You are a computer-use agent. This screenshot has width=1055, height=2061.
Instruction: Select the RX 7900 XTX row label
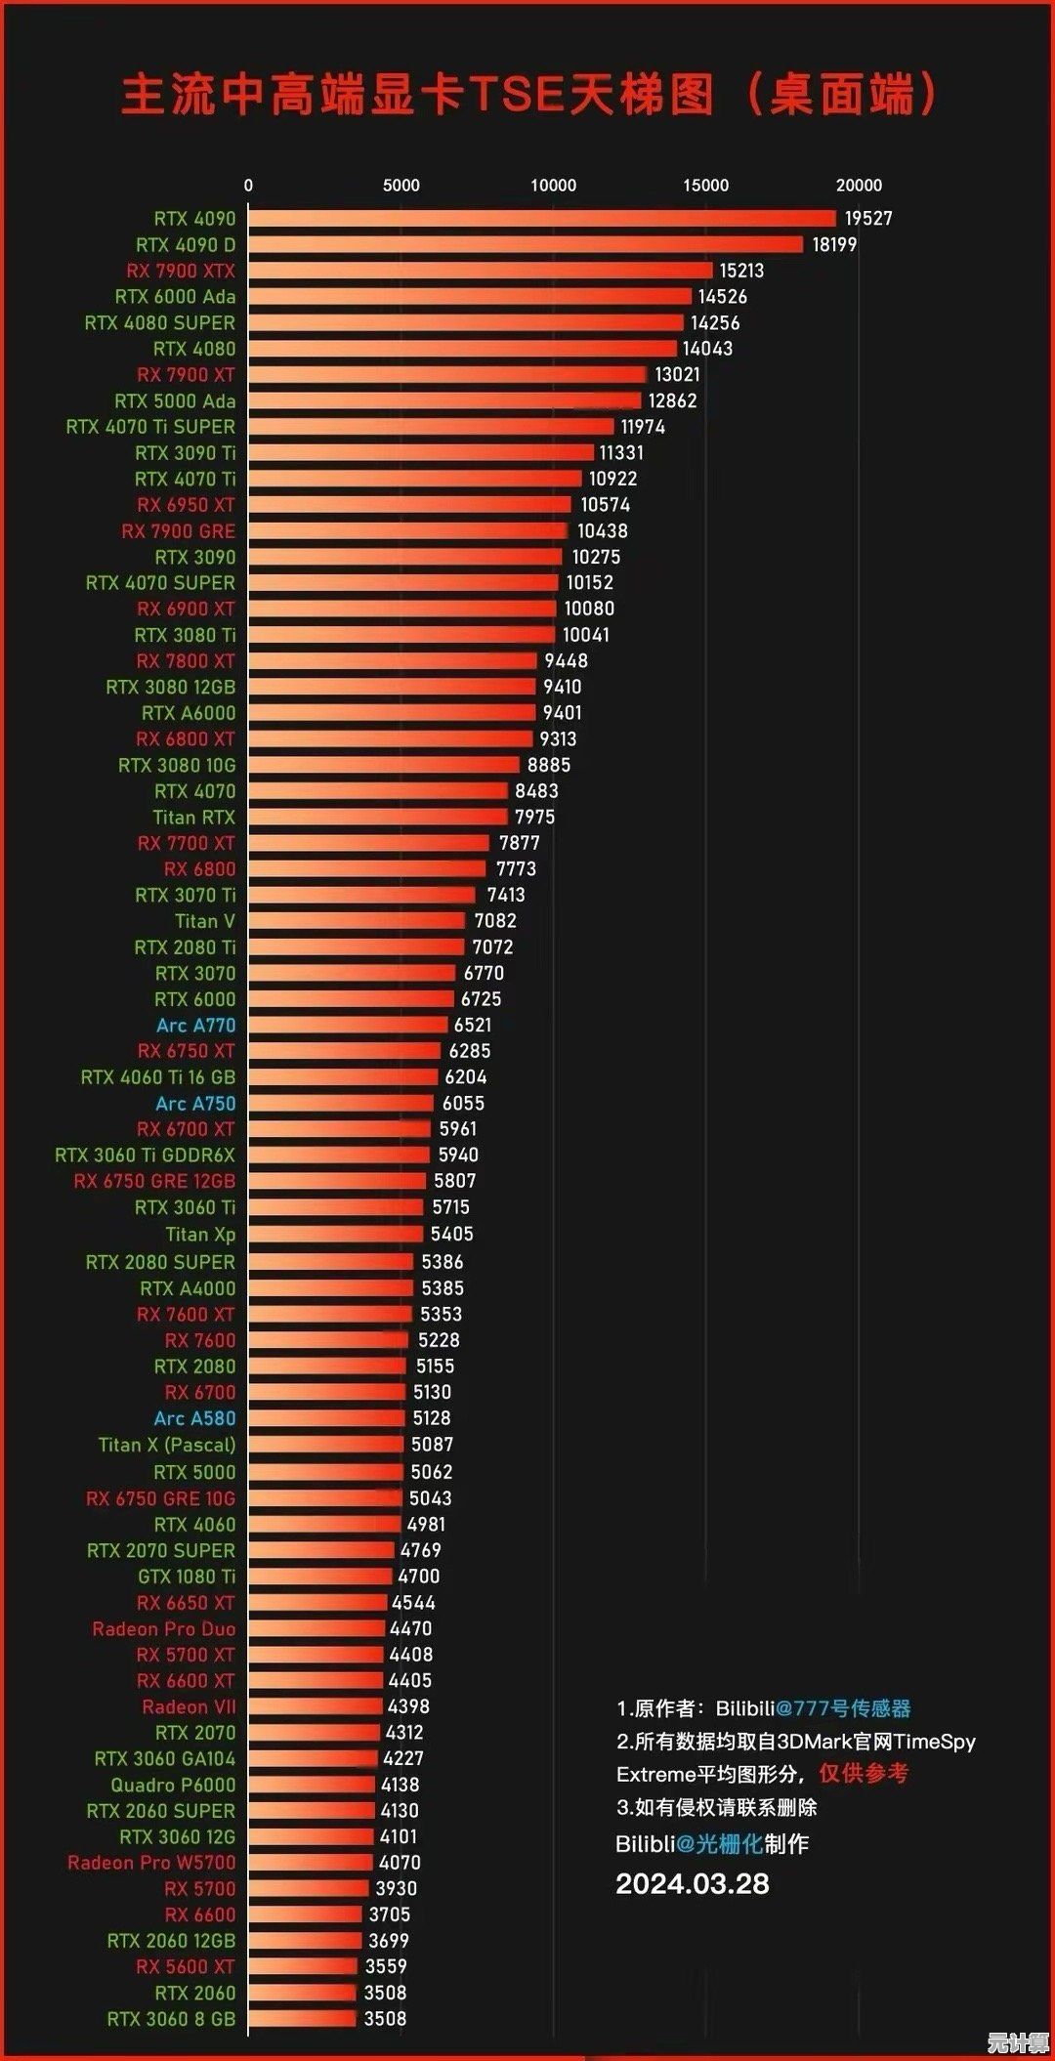pos(181,271)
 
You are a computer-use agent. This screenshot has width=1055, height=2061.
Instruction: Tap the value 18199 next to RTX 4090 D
pos(834,244)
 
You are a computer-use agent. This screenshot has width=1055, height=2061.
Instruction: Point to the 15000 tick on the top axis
pos(705,186)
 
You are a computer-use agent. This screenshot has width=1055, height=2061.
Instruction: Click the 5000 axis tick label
pos(401,186)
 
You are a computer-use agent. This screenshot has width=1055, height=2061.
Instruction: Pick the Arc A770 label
pos(196,1025)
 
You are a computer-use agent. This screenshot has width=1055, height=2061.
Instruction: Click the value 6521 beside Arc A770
pos(473,1025)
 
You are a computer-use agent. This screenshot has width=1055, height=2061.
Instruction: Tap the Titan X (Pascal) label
pos(167,1445)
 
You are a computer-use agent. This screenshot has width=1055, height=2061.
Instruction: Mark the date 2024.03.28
pos(693,1884)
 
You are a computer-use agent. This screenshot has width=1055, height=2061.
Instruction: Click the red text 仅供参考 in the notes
pos(864,1773)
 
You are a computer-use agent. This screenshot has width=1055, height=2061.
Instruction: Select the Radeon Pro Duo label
pos(164,1628)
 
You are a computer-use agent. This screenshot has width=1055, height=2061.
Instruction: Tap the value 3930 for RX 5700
pos(396,1888)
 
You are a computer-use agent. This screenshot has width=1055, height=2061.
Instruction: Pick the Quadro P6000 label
pos(173,1785)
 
